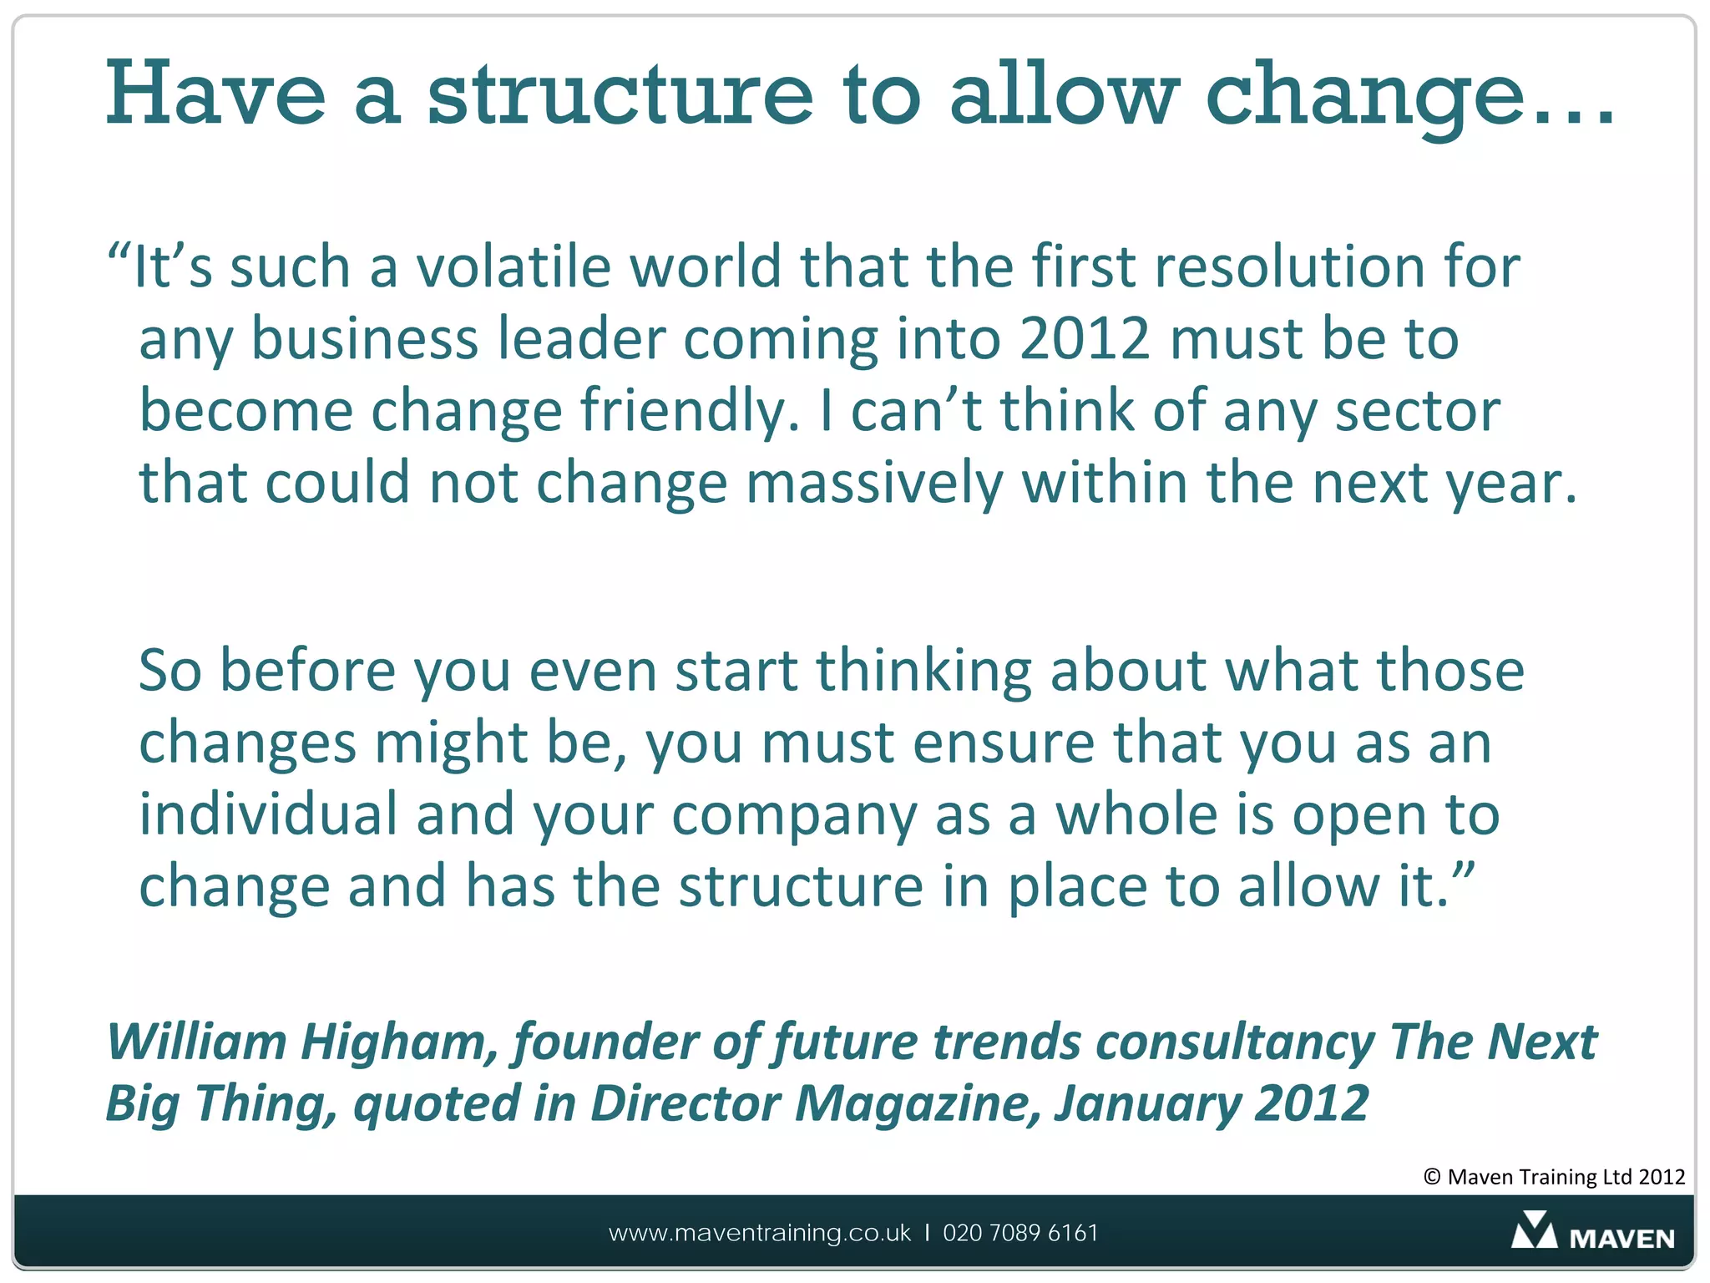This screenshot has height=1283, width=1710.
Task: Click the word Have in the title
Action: tap(215, 94)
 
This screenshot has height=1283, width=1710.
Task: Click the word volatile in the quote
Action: tap(514, 267)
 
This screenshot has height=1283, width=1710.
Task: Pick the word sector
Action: tap(1417, 411)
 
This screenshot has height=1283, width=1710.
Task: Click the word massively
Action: tap(874, 484)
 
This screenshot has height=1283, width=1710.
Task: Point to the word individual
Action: tap(268, 814)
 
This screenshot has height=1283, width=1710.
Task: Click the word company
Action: tap(794, 816)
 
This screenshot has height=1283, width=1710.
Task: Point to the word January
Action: tap(1147, 1104)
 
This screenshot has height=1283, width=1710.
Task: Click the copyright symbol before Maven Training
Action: tap(1432, 1177)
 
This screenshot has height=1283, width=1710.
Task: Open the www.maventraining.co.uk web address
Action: tap(760, 1233)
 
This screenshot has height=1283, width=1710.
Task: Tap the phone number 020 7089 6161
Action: tap(1020, 1233)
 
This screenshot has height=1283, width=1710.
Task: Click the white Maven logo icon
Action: tap(1534, 1230)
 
